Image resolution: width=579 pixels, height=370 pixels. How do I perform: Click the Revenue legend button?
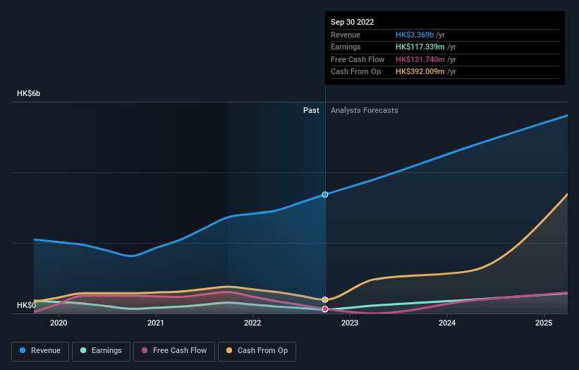tap(40, 350)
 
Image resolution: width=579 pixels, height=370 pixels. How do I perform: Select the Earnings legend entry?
tap(101, 350)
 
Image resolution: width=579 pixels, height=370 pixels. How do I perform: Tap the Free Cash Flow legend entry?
tap(173, 350)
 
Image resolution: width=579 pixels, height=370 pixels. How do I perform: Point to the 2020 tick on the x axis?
tap(59, 323)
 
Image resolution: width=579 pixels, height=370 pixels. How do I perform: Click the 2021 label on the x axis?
tap(156, 323)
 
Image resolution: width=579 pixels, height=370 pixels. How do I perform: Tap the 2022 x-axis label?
tap(252, 323)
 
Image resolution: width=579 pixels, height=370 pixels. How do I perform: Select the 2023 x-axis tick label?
tap(350, 323)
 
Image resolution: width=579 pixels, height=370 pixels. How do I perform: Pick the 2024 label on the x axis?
tap(447, 323)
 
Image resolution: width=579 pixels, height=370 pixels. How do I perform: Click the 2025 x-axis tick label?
tap(544, 323)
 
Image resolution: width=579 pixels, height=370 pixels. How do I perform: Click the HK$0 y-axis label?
tap(27, 305)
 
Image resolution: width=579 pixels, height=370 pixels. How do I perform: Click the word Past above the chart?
tap(311, 110)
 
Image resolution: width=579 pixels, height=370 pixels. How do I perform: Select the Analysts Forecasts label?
tap(364, 110)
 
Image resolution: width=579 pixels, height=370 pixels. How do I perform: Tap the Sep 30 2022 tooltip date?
tap(353, 22)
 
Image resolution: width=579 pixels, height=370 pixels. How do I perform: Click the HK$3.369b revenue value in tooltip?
tap(415, 35)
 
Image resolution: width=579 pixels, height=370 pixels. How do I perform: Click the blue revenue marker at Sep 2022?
tap(325, 194)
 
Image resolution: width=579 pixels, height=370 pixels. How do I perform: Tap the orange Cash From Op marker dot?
tap(325, 299)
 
